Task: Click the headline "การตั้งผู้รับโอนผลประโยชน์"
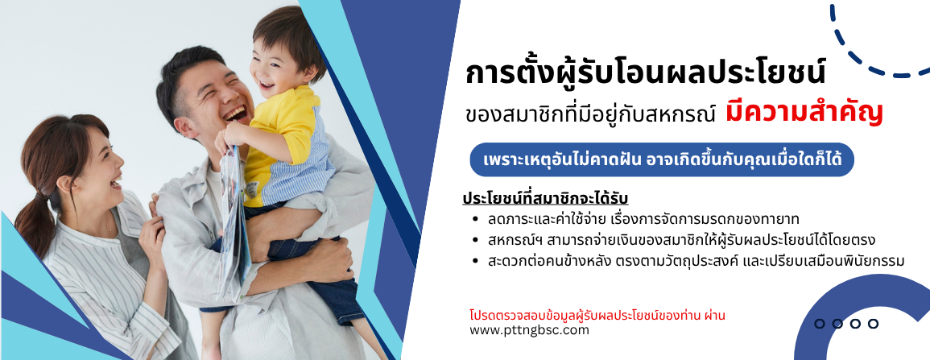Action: [x=645, y=74]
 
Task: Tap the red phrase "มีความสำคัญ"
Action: [x=804, y=113]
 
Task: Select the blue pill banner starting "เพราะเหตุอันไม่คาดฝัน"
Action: [x=662, y=160]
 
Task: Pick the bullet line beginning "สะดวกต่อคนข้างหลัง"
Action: [x=696, y=261]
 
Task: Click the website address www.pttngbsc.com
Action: [x=529, y=330]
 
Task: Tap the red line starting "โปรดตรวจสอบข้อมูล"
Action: [x=597, y=315]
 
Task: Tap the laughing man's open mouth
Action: [x=235, y=113]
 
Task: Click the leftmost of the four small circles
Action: [x=820, y=324]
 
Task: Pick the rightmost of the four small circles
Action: [x=873, y=324]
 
